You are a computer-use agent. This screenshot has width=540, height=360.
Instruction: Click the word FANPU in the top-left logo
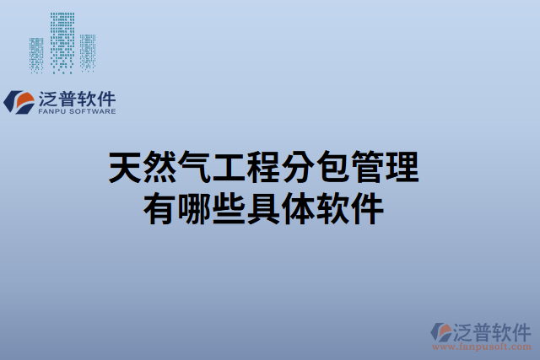(x=52, y=110)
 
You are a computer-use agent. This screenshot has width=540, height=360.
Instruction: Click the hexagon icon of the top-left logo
(x=19, y=101)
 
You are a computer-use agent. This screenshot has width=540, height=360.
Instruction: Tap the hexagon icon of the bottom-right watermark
(x=440, y=331)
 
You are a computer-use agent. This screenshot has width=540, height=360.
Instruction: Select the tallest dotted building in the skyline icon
(x=62, y=42)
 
